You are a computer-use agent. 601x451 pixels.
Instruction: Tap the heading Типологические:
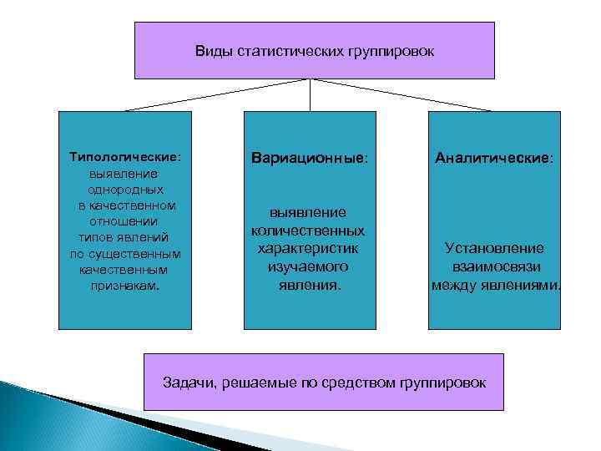click(124, 156)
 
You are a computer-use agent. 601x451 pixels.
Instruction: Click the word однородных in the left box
click(124, 189)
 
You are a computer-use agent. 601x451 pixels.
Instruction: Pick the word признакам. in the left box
click(124, 285)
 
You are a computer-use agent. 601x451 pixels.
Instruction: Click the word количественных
click(310, 230)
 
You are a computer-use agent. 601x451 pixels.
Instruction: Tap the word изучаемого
click(310, 266)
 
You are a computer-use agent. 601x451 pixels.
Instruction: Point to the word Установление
click(495, 248)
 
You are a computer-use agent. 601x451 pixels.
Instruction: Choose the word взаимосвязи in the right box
click(495, 266)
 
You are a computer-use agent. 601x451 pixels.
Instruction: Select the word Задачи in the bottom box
click(184, 383)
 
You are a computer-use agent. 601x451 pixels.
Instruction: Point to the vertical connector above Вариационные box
click(311, 95)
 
